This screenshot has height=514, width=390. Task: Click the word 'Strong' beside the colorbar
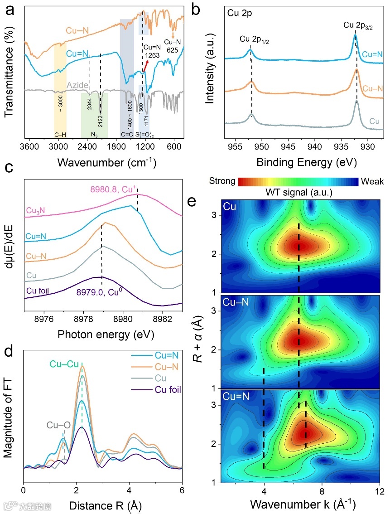tap(222, 181)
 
